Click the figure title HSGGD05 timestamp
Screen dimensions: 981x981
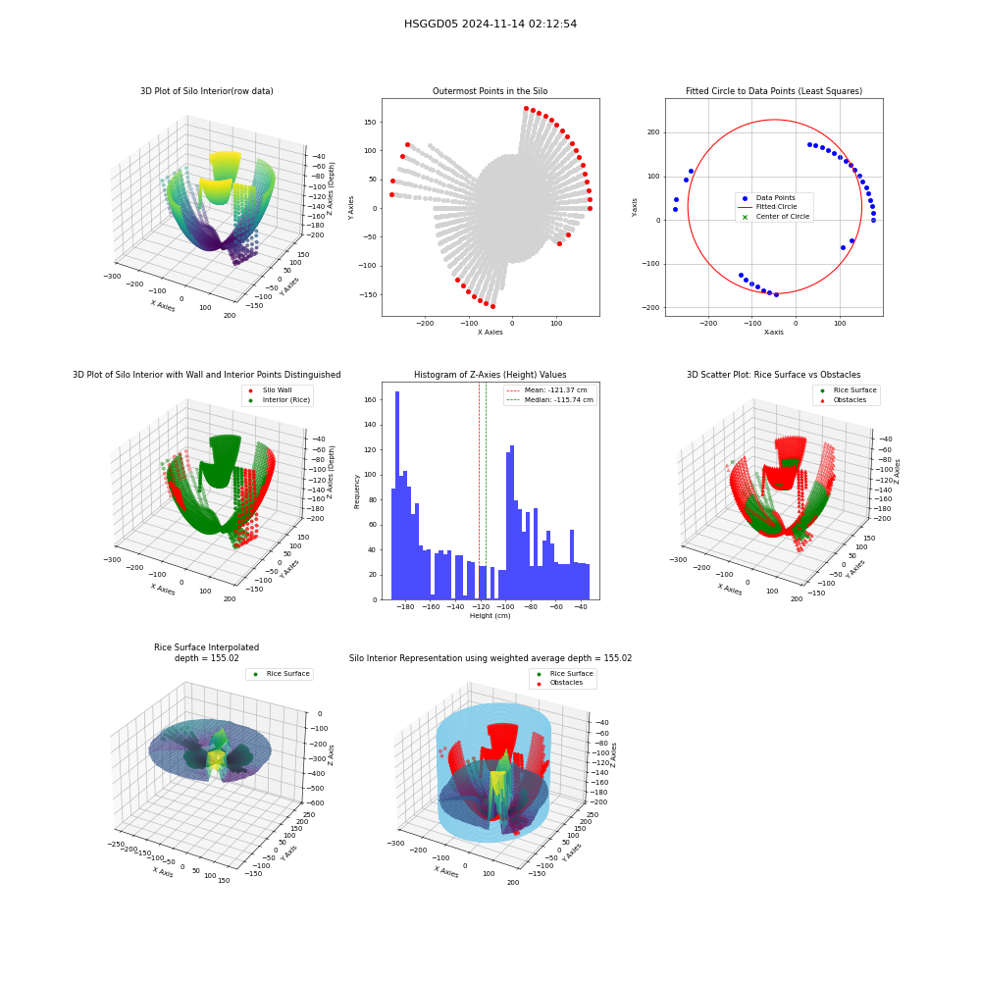(x=490, y=24)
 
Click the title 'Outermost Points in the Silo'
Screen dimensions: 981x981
(x=490, y=91)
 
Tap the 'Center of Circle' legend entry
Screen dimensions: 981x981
(x=776, y=217)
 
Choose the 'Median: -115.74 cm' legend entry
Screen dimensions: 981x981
(x=550, y=400)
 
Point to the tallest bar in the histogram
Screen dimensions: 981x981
(x=397, y=495)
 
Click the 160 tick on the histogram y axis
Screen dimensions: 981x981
(x=371, y=400)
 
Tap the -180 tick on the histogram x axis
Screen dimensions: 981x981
(x=405, y=607)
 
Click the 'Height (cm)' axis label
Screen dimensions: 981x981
(x=490, y=616)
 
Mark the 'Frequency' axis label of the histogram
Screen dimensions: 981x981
(x=357, y=491)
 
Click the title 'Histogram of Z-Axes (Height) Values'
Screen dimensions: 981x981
(x=490, y=375)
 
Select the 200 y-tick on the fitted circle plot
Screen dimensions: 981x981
(x=653, y=132)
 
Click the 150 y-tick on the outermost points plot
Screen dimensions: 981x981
(x=371, y=122)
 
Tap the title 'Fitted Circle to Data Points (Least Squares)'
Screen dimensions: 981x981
(x=774, y=91)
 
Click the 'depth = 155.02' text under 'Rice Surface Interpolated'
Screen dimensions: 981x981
(x=206, y=658)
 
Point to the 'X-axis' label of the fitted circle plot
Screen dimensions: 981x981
(x=774, y=333)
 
